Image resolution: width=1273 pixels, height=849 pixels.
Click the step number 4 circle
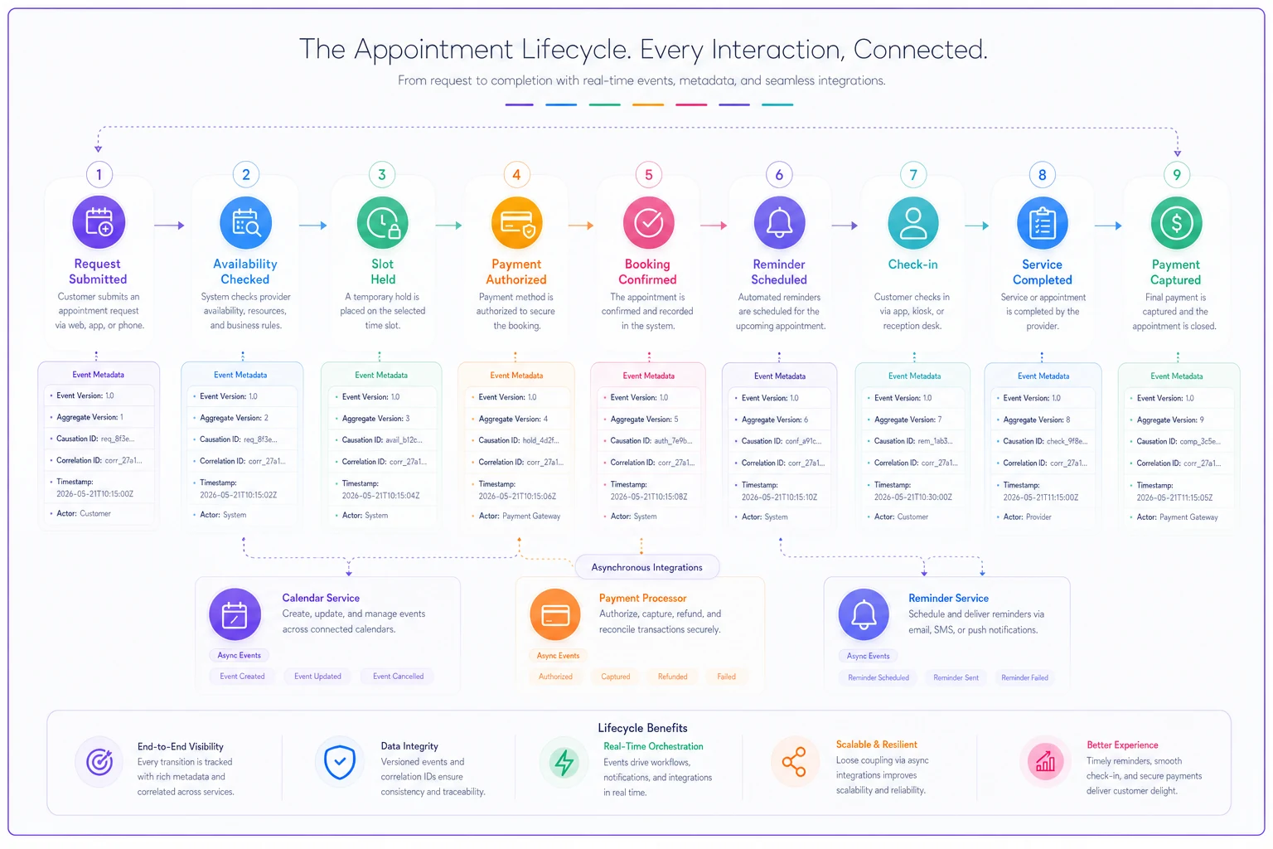click(x=516, y=175)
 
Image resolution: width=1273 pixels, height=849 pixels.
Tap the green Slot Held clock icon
click(x=382, y=223)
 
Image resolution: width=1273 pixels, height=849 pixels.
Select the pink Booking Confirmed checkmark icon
click(x=648, y=223)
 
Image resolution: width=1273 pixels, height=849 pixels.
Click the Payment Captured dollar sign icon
click(x=1176, y=223)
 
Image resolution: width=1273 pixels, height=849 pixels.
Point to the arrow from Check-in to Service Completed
click(x=977, y=226)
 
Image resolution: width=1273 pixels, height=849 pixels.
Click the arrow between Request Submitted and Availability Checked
click(x=169, y=226)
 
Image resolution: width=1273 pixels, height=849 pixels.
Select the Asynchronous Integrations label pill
click(x=646, y=567)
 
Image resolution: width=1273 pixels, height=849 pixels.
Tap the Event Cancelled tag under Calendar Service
click(x=398, y=676)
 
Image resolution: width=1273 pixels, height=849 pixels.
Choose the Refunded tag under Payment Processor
click(x=672, y=677)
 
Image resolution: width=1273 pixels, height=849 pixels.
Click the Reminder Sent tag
click(x=956, y=677)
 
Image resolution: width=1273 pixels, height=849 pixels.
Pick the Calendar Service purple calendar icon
click(x=235, y=614)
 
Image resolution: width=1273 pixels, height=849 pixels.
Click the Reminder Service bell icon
click(x=864, y=614)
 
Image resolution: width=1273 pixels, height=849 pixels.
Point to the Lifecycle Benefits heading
click(x=642, y=728)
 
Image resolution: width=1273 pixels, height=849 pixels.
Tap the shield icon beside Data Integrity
click(x=339, y=761)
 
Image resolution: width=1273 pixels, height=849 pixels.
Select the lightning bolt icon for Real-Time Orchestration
click(x=564, y=763)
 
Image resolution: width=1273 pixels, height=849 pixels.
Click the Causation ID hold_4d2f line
click(x=518, y=440)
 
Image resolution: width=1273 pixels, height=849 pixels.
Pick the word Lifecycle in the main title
click(x=576, y=50)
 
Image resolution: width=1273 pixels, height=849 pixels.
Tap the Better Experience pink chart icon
click(x=1044, y=761)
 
